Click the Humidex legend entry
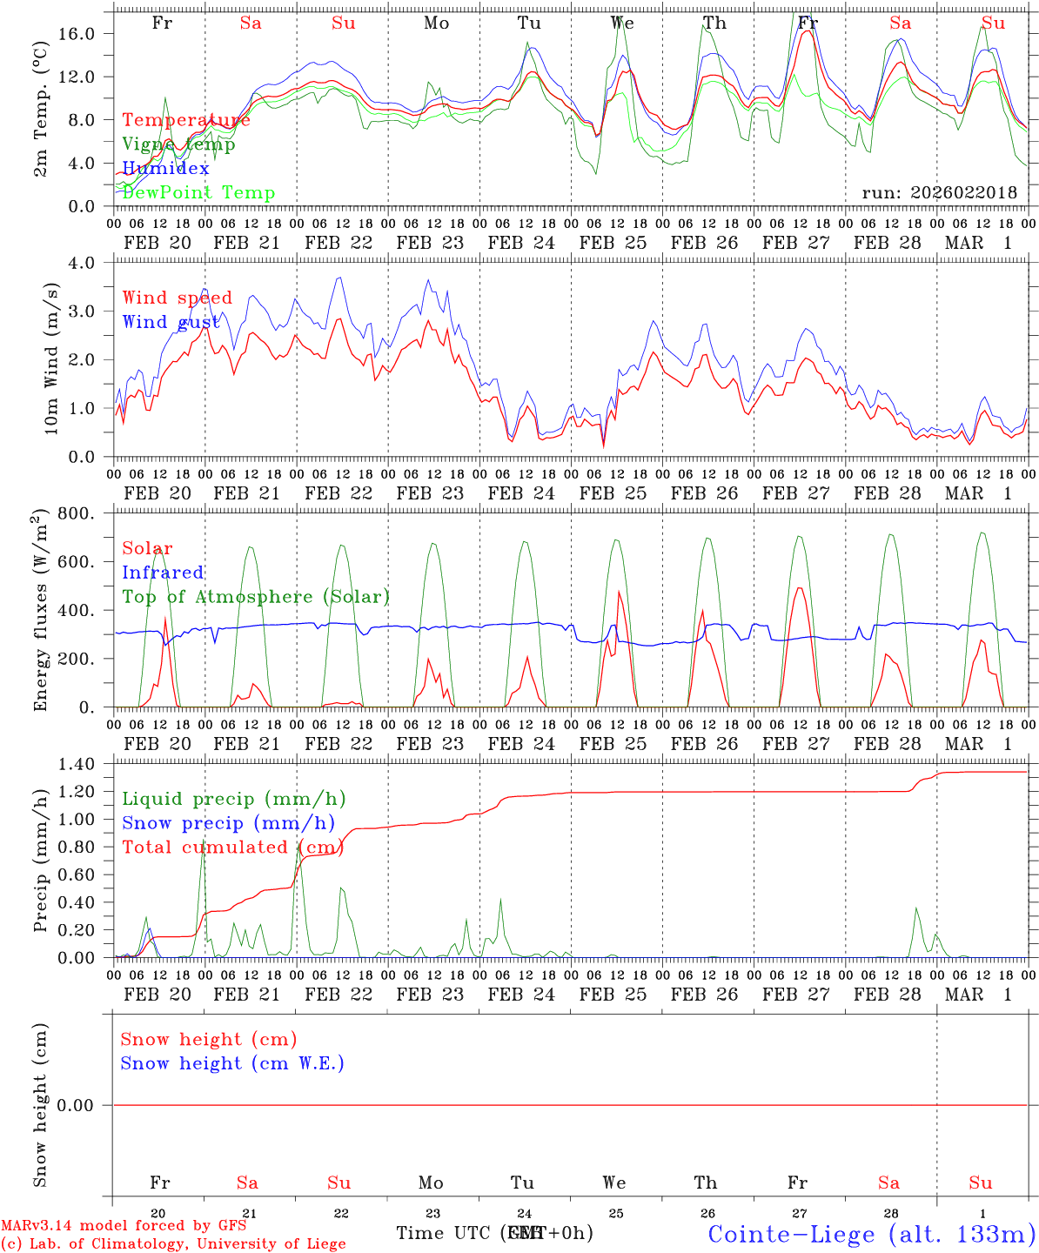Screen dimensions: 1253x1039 [x=165, y=169]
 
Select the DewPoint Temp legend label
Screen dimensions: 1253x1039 [x=198, y=193]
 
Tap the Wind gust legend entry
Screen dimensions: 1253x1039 [x=171, y=322]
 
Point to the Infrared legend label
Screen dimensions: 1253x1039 [x=163, y=573]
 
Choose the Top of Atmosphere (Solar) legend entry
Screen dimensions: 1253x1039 [x=255, y=597]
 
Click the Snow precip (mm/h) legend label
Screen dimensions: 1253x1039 [x=228, y=823]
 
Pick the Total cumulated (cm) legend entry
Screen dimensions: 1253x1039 [x=232, y=848]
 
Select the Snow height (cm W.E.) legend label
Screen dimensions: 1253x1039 [x=232, y=1063]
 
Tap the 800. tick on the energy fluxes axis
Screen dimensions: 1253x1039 [x=77, y=513]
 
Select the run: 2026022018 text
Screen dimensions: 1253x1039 [x=939, y=193]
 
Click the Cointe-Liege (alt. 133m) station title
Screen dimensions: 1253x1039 [x=871, y=1234]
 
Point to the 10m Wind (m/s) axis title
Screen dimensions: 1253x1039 [x=50, y=358]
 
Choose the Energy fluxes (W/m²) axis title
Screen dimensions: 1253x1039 [x=40, y=611]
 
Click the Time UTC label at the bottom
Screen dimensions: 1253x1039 [x=446, y=1233]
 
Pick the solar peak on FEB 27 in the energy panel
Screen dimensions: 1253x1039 [x=799, y=588]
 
